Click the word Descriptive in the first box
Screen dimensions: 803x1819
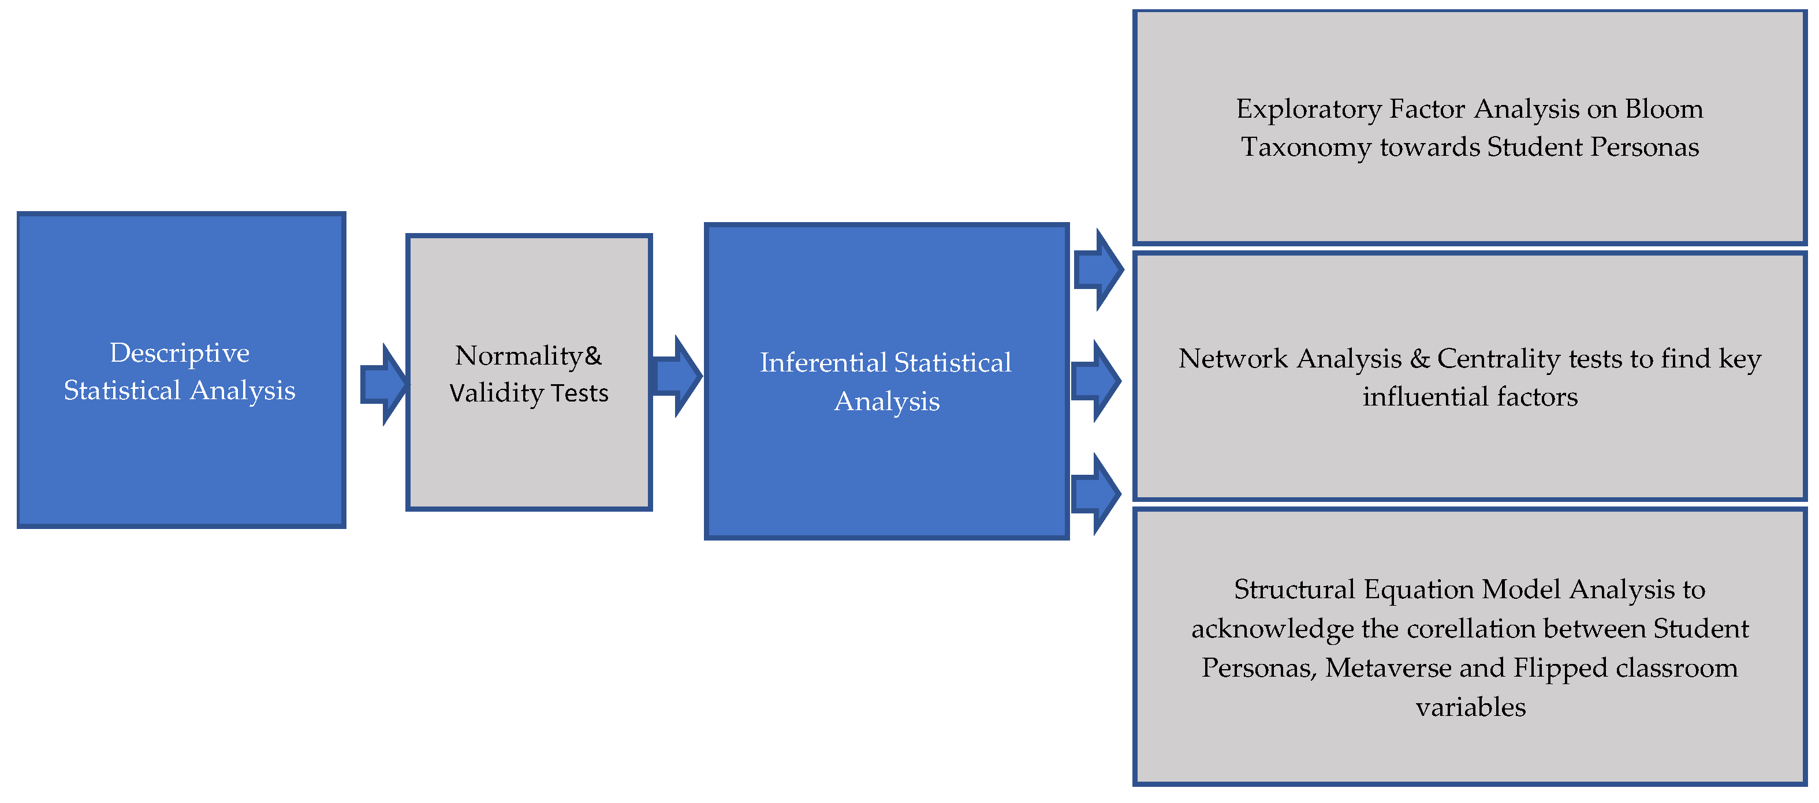tap(180, 354)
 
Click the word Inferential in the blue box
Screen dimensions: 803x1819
tap(823, 363)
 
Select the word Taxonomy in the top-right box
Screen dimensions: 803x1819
tap(1306, 148)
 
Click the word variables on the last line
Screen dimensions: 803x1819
tap(1470, 707)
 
